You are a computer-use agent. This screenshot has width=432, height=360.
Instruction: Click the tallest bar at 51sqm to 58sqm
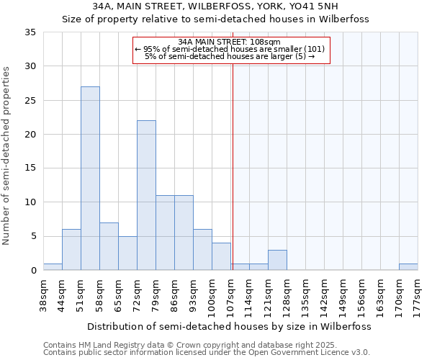coord(90,179)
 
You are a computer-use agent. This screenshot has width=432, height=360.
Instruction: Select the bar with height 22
coord(146,195)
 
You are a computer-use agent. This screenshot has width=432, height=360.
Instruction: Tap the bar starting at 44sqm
coord(71,250)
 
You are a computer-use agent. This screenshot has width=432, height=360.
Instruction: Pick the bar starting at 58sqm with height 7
coord(109,246)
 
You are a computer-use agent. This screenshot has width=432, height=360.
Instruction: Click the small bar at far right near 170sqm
coord(408,267)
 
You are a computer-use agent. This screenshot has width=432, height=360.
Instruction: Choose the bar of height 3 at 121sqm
coord(277,260)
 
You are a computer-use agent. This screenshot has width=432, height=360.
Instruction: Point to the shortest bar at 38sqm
coord(53,267)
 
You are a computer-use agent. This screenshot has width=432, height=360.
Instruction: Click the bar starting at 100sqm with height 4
coord(221,256)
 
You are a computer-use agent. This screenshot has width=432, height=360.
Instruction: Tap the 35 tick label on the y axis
coord(30,32)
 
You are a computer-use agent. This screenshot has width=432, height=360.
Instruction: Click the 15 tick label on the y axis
coord(30,168)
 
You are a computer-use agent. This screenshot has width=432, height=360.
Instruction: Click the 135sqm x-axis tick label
coord(306,294)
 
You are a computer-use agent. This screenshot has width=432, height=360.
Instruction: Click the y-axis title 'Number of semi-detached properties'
coord(7,155)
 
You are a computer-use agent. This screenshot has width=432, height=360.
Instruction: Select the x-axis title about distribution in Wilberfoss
coord(230,326)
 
